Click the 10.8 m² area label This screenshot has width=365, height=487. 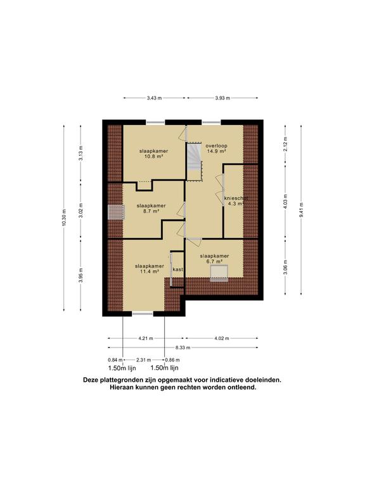click(151, 159)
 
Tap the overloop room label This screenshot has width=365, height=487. click(216, 146)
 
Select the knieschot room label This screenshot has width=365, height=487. click(235, 198)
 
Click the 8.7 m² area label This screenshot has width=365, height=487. click(151, 213)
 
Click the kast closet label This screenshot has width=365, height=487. click(178, 270)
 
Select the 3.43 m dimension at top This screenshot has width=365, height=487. click(154, 98)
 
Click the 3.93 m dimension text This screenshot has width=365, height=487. click(221, 98)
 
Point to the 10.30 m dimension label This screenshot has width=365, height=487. click(64, 217)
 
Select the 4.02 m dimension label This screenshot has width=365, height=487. click(222, 338)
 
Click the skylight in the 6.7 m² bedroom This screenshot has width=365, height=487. click(219, 273)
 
